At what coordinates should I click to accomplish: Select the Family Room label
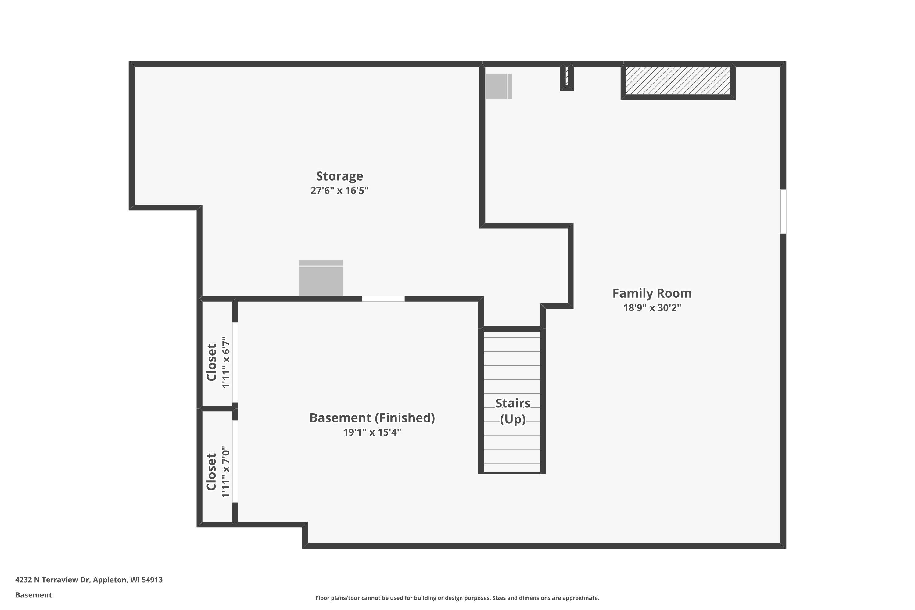pos(652,293)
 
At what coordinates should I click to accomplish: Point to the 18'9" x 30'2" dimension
pos(652,308)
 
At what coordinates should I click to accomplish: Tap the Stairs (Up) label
pos(513,411)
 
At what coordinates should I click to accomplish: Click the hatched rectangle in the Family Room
pos(678,80)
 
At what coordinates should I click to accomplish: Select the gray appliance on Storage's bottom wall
pos(321,278)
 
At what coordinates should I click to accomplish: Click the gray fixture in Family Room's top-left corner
pos(498,86)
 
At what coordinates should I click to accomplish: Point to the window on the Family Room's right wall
pos(783,212)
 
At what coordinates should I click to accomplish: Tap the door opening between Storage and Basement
pos(383,299)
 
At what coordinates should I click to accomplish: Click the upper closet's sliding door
pos(235,362)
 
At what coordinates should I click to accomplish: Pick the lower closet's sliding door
pos(235,461)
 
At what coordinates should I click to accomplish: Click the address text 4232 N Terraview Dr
pos(52,580)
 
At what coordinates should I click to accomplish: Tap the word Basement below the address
pos(34,595)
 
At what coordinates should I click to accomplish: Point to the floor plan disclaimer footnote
pos(457,598)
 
